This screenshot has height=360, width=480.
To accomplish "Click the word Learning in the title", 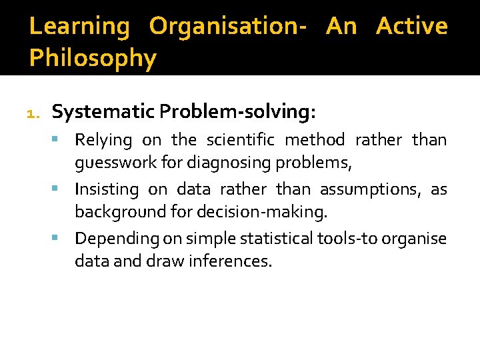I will pos(79,27).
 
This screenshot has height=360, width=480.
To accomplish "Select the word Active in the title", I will pos(411,27).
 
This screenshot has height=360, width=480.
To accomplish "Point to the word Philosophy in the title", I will pos(93,59).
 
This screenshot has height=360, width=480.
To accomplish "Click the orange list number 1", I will pos(33,114).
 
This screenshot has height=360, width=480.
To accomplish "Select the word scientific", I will pos(240,140).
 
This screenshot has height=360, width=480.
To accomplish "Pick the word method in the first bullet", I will pos(315,140).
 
